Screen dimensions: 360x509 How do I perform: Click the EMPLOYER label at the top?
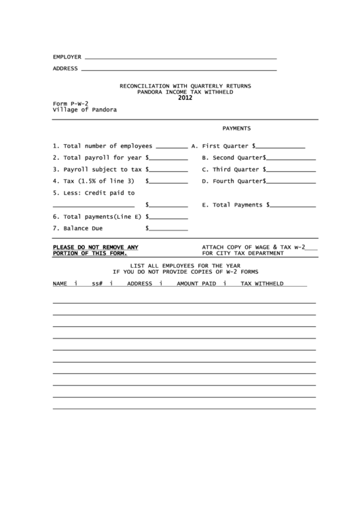(67, 56)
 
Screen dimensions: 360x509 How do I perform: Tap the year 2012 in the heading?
(185, 97)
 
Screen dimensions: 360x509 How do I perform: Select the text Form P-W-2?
(71, 103)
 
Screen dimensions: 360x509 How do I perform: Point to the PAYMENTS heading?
(236, 128)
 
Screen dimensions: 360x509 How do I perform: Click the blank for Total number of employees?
(172, 146)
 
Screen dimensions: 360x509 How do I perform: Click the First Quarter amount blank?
(281, 146)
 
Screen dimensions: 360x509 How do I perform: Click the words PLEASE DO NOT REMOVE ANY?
(96, 247)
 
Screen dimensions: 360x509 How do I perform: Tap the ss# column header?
(97, 283)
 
